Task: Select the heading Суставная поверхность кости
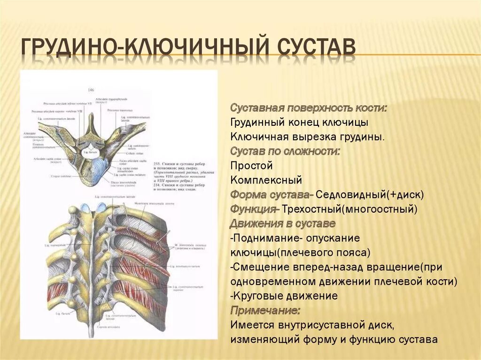(309, 108)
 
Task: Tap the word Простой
(252, 166)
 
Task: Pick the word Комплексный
(266, 180)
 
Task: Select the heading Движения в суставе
(283, 223)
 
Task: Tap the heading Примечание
(265, 310)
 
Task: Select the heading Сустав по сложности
(286, 152)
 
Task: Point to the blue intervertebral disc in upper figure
(100, 169)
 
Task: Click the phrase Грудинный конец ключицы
(299, 123)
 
